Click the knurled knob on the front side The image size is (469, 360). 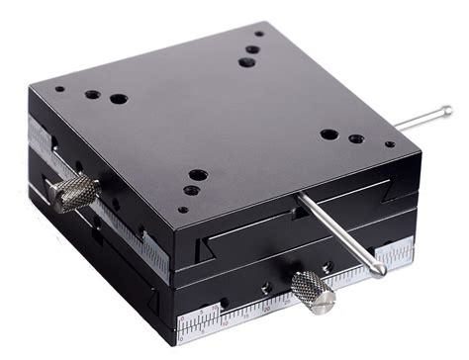tap(313, 291)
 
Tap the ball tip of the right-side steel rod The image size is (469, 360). tap(446, 112)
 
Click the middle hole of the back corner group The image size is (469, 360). tap(253, 48)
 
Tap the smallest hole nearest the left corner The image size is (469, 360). tap(60, 89)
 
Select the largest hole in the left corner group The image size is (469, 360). tap(118, 100)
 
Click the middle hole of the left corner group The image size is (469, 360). tap(92, 95)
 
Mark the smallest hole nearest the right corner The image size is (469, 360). tap(390, 144)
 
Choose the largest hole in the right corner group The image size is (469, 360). tap(328, 135)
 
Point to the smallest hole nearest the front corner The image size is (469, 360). tap(182, 209)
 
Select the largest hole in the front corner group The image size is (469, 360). tap(198, 175)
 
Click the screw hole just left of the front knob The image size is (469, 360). tap(266, 288)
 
